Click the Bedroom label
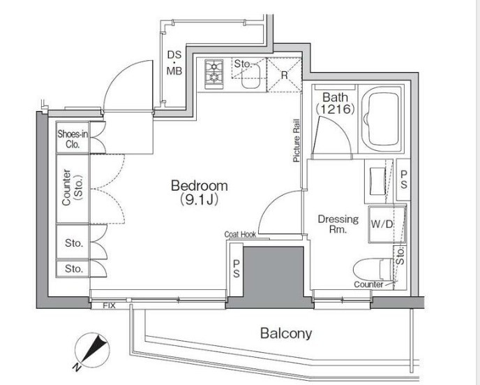[200, 186]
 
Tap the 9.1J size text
[200, 200]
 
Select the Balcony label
[286, 333]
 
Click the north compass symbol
[93, 350]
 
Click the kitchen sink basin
[251, 77]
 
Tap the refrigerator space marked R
[285, 75]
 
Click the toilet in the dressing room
[373, 270]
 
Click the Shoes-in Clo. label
[73, 139]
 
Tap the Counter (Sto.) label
[73, 187]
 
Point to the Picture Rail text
[297, 140]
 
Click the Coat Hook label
[240, 235]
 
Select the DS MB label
[174, 63]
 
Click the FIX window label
[110, 305]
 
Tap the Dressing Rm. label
[338, 224]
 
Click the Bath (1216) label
[335, 103]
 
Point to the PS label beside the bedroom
[237, 268]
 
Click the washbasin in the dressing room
[377, 181]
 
